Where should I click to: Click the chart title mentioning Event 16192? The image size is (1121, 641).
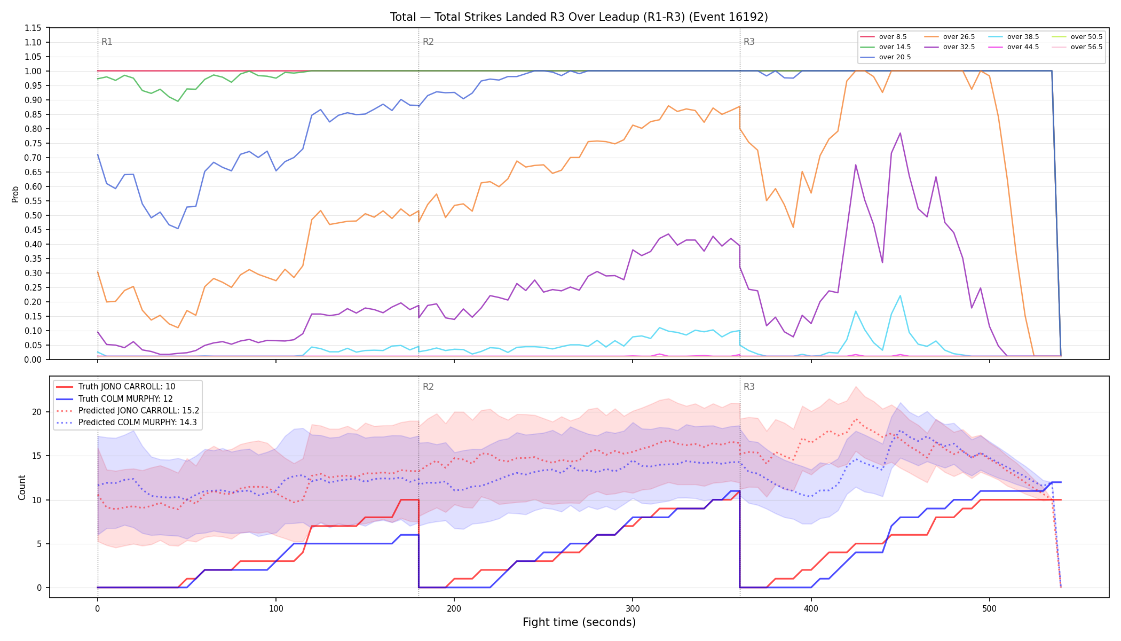579,17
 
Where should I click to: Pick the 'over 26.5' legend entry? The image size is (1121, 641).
950,37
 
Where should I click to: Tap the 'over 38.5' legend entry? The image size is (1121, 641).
1014,37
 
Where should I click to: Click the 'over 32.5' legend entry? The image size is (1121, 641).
950,47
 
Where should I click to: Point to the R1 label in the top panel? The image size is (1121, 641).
107,42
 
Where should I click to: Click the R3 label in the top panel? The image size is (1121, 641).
749,42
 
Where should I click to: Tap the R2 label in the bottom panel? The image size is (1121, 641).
428,387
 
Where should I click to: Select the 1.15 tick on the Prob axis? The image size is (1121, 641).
34,28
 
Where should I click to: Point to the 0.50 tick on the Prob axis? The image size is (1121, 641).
34,215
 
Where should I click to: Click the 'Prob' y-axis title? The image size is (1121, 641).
15,194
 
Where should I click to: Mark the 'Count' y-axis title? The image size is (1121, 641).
22,487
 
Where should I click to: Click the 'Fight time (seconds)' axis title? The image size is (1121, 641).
579,622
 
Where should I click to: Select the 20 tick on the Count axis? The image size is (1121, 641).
37,412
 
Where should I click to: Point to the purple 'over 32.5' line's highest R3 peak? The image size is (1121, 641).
900,133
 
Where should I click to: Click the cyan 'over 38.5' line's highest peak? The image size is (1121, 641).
900,295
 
